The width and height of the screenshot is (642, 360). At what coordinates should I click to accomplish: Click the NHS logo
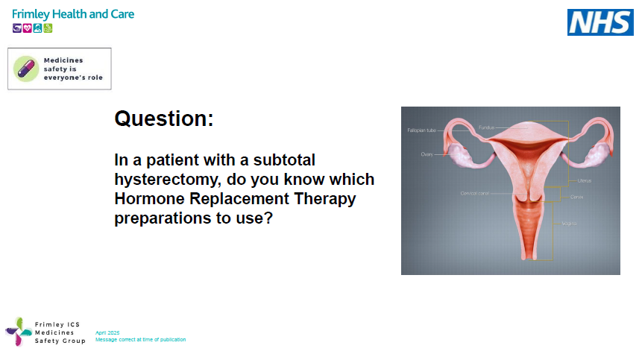[600, 22]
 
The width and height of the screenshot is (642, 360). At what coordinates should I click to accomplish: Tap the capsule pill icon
[26, 69]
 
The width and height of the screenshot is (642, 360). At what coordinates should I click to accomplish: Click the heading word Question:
[163, 119]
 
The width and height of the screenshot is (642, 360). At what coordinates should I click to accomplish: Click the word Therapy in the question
[324, 199]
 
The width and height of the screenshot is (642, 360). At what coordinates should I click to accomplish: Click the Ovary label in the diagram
[427, 154]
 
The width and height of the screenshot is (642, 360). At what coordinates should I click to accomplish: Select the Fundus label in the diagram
[486, 127]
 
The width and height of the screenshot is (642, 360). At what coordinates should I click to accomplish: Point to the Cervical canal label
[474, 193]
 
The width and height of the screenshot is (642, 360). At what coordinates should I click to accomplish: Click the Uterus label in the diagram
[584, 180]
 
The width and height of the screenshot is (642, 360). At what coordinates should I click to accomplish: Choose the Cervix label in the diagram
[577, 197]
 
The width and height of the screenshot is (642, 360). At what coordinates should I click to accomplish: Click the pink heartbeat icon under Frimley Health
[27, 28]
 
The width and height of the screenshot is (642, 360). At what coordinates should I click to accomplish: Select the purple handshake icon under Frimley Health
[17, 28]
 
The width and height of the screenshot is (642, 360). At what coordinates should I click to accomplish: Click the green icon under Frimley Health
[48, 28]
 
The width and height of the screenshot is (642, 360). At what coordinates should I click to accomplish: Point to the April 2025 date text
[107, 332]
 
